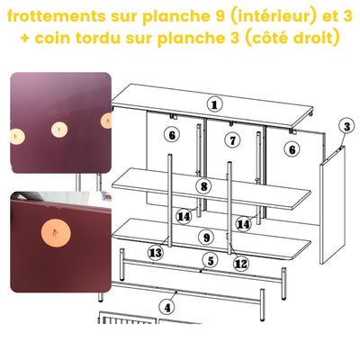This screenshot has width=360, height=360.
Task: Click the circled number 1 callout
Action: [x=214, y=104]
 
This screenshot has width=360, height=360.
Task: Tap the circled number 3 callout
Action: [x=346, y=126]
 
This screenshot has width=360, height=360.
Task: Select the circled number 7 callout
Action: [x=232, y=139]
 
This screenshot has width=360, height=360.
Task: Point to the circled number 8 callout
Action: [x=205, y=187]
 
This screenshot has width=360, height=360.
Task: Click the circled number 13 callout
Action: [x=156, y=253]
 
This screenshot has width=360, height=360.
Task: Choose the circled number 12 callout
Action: [x=240, y=264]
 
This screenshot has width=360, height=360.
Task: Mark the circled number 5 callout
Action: [x=210, y=261]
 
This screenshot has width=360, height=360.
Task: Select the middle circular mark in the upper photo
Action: [x=61, y=129]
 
